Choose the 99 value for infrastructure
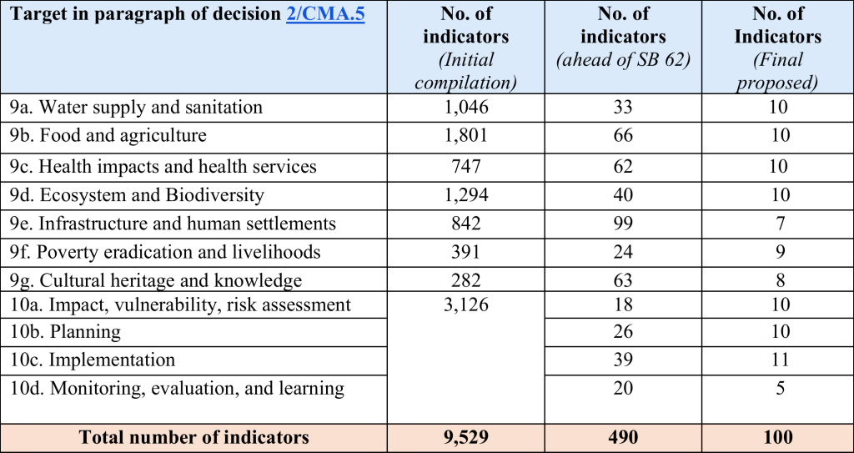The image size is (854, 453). (x=622, y=224)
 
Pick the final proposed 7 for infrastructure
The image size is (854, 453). (x=777, y=224)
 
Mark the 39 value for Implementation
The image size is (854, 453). (x=622, y=360)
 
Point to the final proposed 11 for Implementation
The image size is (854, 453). (x=777, y=360)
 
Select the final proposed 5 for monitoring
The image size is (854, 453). (x=777, y=388)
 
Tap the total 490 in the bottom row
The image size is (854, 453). (x=622, y=437)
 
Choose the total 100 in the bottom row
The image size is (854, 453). (x=777, y=437)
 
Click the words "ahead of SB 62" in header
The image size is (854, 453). (x=623, y=60)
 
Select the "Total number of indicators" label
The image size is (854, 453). (x=193, y=437)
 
